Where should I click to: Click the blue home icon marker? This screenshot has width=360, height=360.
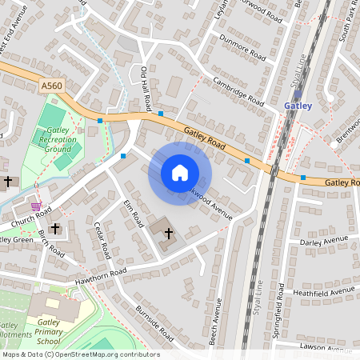[x=180, y=173]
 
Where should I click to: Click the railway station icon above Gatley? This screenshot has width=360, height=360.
[x=298, y=94]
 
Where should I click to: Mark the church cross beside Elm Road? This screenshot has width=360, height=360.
[x=168, y=234]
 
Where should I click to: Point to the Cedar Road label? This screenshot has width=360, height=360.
[x=101, y=240]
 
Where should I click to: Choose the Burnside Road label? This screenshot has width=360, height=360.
[x=154, y=322]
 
